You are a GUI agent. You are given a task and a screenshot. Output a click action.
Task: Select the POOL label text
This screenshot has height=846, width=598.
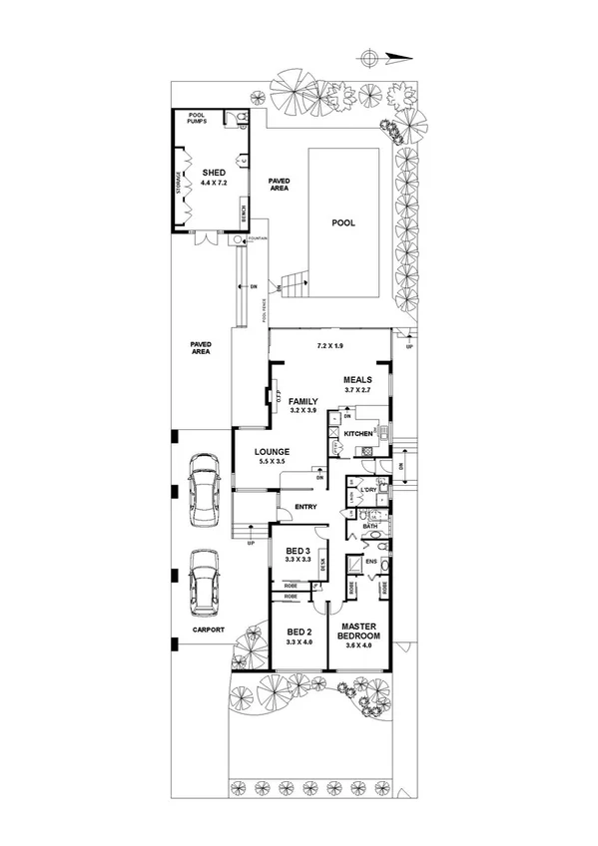342,223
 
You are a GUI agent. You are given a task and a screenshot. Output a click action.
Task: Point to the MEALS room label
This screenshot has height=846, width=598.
356,380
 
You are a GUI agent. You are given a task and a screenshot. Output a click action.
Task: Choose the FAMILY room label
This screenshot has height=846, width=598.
302,400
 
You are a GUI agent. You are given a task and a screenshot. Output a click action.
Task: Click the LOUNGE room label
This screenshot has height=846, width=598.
271,451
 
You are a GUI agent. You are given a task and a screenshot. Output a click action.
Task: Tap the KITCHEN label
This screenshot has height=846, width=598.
357,435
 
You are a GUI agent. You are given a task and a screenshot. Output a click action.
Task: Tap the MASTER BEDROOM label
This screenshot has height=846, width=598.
356,631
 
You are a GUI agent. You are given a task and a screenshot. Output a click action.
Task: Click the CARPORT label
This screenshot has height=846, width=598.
209,630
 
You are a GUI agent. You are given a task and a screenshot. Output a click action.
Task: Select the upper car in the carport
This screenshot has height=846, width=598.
205,489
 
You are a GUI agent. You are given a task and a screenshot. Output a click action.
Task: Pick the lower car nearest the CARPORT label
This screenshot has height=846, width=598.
205,583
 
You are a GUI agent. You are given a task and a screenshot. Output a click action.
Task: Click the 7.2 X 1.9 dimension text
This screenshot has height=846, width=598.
329,346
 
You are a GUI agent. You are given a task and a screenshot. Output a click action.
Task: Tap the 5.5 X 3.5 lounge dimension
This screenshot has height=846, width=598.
271,462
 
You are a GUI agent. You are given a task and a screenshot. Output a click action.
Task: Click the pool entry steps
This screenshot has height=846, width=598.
293,285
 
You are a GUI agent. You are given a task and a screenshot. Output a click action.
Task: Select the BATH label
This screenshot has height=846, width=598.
369,526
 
